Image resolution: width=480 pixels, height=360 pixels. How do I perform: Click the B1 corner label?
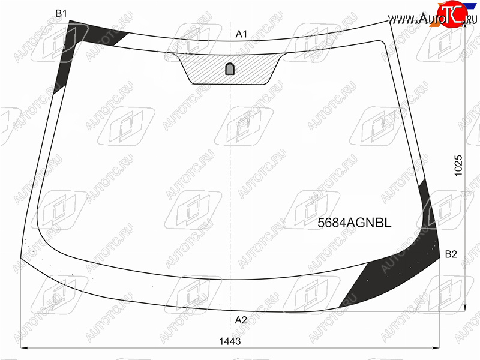click(x=61, y=13)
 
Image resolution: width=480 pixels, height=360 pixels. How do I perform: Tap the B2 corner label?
click(x=451, y=254)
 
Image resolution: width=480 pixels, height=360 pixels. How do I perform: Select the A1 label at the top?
click(x=241, y=34)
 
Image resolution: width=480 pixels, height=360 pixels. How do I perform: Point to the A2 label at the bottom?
click(x=241, y=320)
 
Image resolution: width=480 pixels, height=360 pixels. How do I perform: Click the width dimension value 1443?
click(x=230, y=341)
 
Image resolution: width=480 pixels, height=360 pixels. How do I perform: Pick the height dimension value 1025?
click(x=458, y=166)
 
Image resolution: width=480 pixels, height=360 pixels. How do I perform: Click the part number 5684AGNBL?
click(x=355, y=223)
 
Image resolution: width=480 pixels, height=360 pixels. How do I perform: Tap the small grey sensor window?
click(x=230, y=69)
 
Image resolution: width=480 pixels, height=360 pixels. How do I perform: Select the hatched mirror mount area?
click(x=230, y=69)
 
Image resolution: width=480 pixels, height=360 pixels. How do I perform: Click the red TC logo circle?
click(x=449, y=14)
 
